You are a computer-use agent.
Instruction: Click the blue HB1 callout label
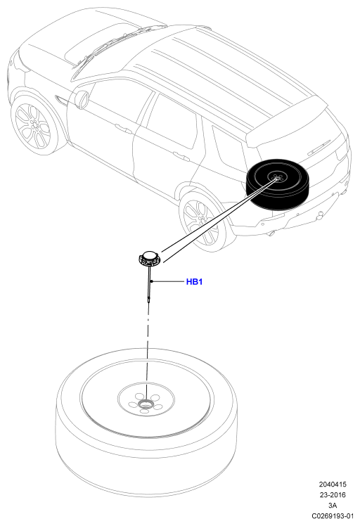tap(194, 282)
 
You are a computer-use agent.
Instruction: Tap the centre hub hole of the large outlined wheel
tap(146, 403)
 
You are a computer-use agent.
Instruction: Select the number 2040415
tap(332, 485)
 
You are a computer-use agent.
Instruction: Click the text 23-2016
tap(332, 495)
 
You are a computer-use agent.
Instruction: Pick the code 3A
tap(332, 505)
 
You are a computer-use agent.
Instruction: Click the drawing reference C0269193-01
tap(333, 516)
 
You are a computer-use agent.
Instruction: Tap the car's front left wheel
tap(32, 126)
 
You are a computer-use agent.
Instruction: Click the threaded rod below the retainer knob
tap(148, 285)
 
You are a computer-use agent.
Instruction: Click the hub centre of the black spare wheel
tap(276, 179)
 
